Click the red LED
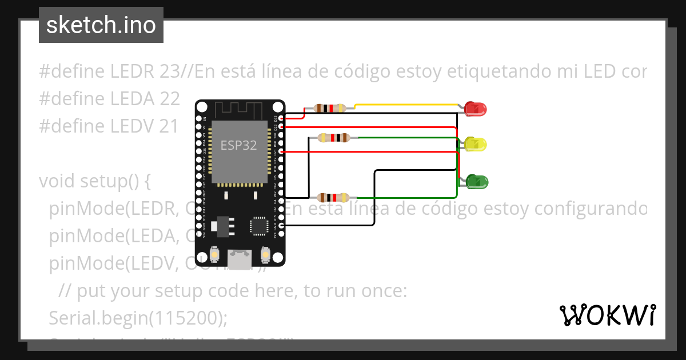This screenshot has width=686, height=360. [475, 108]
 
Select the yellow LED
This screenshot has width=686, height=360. [475, 144]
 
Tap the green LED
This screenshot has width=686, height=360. [477, 182]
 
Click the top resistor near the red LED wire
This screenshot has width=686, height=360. [330, 107]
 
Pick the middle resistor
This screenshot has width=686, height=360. [333, 137]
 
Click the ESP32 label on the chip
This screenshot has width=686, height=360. [238, 145]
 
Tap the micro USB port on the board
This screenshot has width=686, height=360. [240, 259]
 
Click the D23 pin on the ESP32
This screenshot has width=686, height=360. [280, 118]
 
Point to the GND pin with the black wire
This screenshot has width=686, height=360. [280, 225]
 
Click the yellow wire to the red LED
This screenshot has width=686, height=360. [406, 105]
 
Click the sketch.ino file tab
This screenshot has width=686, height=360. [101, 25]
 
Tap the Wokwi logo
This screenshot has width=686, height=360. [607, 315]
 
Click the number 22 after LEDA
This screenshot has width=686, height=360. [170, 98]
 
